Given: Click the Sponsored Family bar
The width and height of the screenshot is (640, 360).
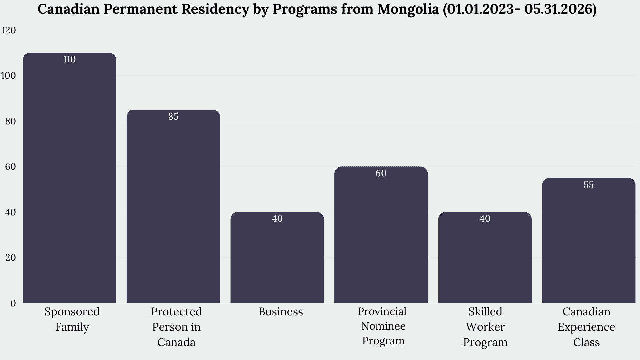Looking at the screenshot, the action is click(69, 178).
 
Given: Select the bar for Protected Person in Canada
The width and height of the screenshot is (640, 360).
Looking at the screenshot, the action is click(173, 206).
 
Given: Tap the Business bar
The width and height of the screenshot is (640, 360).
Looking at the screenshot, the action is click(277, 257).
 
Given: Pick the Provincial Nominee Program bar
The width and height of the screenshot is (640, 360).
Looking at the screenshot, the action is click(381, 235).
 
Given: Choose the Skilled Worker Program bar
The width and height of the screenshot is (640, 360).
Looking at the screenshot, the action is click(485, 257).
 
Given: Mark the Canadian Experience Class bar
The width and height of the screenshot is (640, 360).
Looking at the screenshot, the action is click(589, 240).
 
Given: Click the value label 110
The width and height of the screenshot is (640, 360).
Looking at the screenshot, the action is click(69, 59).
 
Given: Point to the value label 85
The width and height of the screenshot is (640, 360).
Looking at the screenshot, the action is click(173, 116).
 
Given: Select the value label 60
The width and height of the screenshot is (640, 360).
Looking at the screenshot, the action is click(381, 173).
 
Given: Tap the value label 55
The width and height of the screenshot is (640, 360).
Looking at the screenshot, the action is click(589, 185).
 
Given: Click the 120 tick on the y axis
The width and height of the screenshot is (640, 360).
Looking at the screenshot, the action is click(9, 30).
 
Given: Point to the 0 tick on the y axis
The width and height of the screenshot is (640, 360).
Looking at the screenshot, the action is click(13, 303).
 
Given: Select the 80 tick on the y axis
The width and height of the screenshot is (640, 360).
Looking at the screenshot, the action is click(11, 121).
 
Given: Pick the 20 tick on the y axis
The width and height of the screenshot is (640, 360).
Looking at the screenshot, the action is click(11, 258).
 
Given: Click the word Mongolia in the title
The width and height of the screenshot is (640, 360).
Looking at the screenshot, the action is click(408, 10).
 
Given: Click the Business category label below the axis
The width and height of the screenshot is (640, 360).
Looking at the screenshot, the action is click(281, 312).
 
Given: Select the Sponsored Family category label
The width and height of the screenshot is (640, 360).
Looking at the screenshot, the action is click(72, 319).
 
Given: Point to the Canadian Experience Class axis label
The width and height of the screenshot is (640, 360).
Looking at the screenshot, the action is click(586, 327).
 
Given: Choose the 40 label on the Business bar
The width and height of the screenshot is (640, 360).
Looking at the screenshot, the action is click(277, 219).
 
